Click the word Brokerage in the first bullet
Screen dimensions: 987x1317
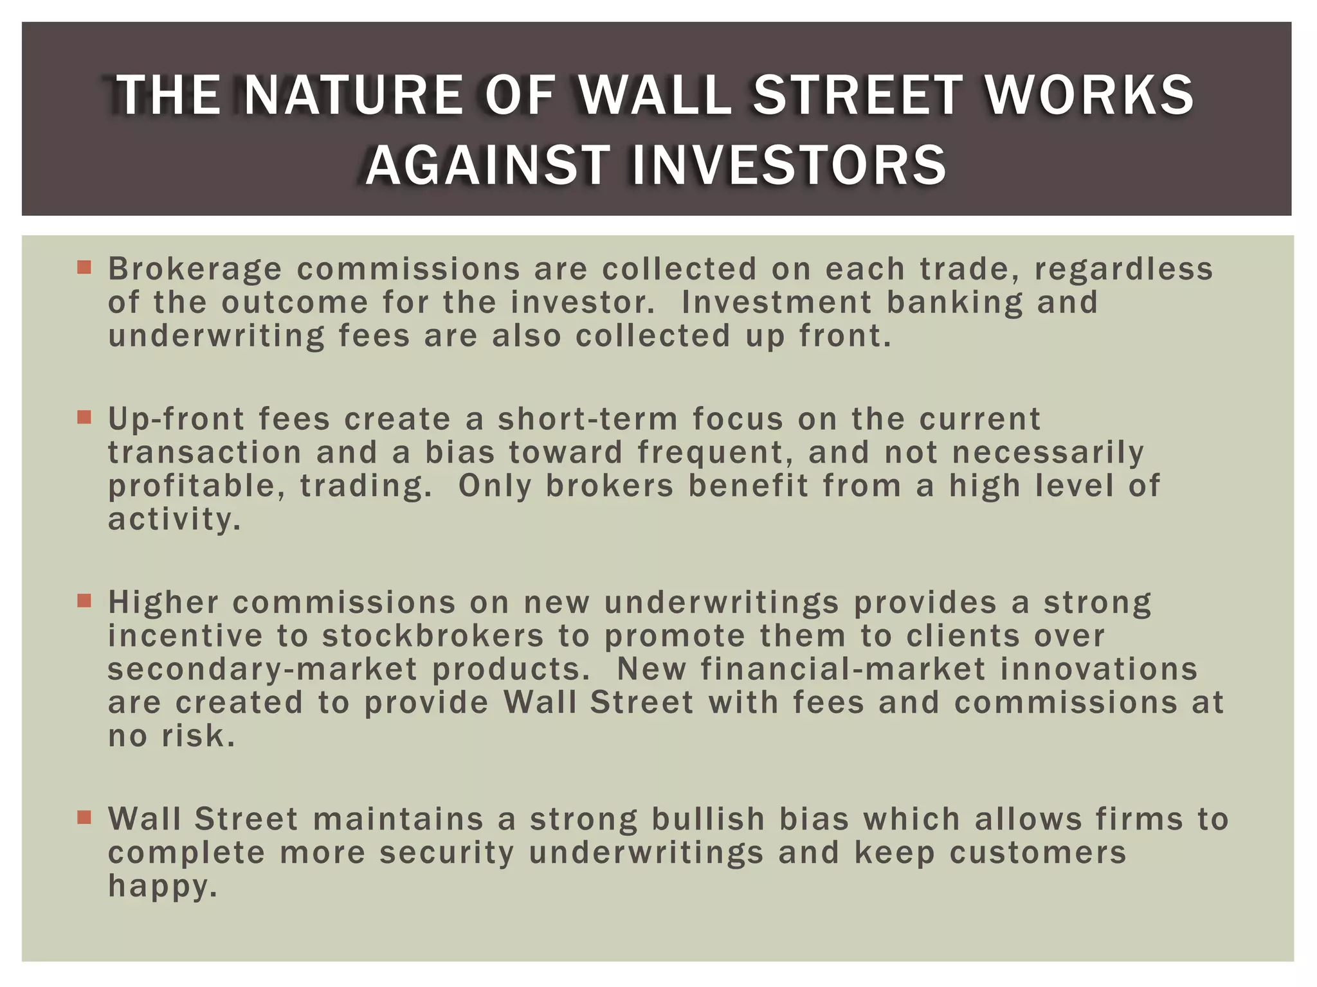[195, 269]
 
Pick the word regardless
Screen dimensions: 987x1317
[1123, 269]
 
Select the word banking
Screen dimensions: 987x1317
[955, 303]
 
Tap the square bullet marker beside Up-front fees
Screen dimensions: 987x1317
[84, 418]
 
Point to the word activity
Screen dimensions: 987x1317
[174, 520]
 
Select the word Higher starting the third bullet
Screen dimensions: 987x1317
[163, 603]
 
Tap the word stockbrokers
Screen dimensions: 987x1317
[433, 636]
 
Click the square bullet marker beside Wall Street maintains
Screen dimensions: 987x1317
[84, 818]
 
